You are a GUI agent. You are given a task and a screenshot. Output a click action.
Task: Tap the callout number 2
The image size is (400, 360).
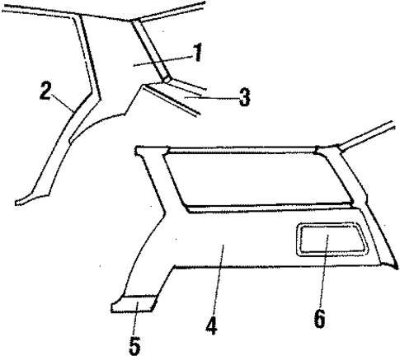[x=47, y=88]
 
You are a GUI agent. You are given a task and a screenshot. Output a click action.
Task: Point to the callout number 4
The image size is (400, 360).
[x=212, y=325]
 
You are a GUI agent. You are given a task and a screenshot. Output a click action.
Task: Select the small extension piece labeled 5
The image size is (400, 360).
[x=132, y=304]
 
